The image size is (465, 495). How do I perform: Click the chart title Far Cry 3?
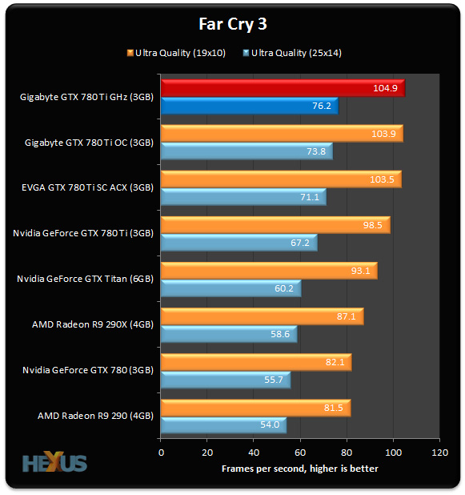pos(232,23)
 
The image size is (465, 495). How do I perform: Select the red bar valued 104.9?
pos(283,88)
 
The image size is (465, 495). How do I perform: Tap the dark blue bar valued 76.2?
pos(249,107)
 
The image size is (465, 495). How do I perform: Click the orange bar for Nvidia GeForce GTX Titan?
pos(269,271)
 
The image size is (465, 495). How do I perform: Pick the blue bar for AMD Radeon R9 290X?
pos(229,334)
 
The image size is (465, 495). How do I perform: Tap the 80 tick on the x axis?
pos(347,452)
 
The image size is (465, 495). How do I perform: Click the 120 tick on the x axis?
pos(439,452)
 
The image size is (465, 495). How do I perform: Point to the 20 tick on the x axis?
pos(207,452)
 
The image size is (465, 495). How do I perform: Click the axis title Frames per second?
pos(299,466)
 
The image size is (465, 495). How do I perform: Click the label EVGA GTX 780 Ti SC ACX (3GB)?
pos(87,188)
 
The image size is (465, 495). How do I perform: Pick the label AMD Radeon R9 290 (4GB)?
pos(95,417)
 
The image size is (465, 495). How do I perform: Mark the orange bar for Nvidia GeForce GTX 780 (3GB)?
pos(256,362)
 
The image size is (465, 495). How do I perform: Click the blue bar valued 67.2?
pos(239,243)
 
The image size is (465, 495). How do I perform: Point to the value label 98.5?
pos(372,225)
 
